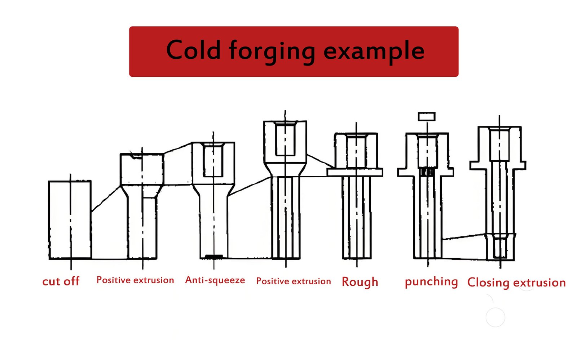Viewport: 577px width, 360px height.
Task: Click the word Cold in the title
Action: click(193, 50)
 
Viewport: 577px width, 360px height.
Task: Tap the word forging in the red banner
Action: click(272, 51)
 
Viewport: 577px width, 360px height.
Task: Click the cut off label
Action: click(61, 281)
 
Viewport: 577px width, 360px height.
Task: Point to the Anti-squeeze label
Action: click(215, 280)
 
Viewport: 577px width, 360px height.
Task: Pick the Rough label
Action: click(360, 282)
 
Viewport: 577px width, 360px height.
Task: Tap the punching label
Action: click(431, 281)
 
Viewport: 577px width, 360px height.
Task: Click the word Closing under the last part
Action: click(488, 283)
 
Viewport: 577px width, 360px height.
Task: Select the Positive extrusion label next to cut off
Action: click(135, 280)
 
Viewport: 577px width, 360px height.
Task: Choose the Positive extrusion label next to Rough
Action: click(293, 281)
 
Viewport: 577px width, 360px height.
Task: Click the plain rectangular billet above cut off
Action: click(70, 220)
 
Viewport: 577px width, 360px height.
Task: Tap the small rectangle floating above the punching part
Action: click(427, 116)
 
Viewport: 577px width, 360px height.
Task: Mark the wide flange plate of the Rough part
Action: click(355, 172)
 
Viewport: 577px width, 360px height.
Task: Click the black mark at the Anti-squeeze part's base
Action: click(213, 257)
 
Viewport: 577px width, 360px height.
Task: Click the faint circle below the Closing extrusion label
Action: click(495, 317)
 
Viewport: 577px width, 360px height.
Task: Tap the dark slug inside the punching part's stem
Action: click(427, 172)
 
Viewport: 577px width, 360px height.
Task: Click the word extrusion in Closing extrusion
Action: click(539, 283)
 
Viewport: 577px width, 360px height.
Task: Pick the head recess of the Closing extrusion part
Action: click(499, 144)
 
